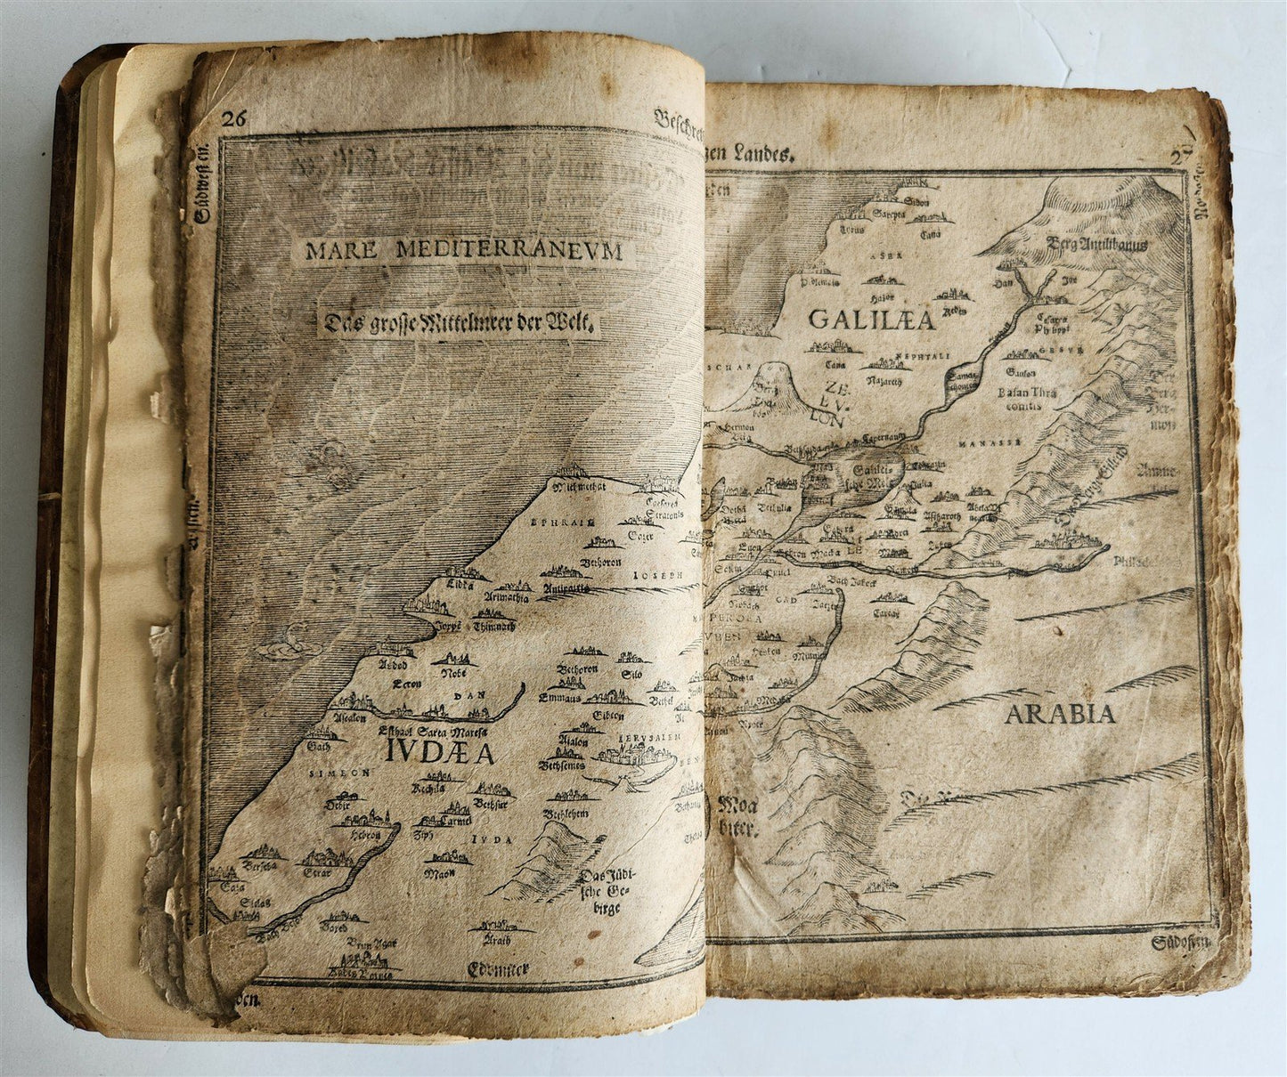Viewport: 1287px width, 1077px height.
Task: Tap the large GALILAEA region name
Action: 872,320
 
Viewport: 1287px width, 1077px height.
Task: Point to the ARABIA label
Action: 1061,713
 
